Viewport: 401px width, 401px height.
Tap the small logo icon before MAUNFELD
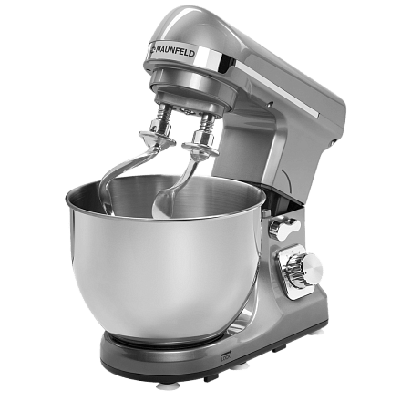coord(151,48)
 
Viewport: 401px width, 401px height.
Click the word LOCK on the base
coord(225,358)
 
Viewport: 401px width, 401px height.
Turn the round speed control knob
coord(312,266)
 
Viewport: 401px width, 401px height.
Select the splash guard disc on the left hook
coord(157,138)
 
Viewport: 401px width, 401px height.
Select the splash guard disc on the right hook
coord(200,149)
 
